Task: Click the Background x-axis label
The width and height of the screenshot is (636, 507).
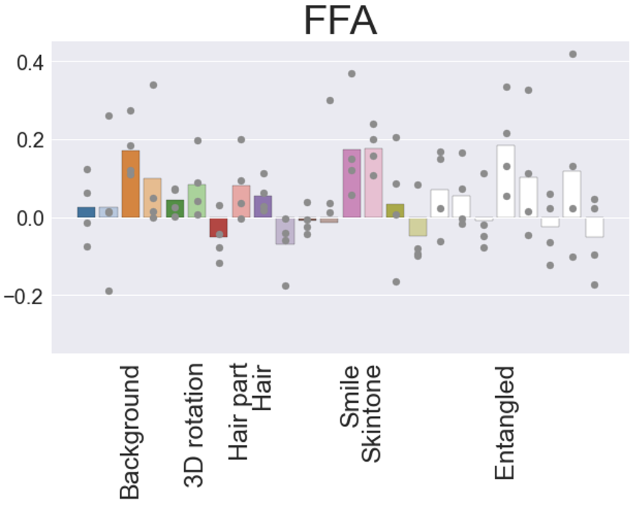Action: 130,432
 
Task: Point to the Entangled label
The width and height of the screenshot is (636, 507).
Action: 505,423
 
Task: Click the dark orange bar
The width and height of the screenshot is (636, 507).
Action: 131,183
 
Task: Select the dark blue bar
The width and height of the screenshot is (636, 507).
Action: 86,212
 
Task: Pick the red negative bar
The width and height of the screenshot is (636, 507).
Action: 218,227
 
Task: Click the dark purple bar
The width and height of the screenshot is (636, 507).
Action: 263,206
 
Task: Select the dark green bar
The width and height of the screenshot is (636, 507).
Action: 175,208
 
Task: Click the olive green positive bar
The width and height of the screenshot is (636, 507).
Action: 395,211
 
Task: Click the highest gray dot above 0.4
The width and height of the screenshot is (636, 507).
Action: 573,55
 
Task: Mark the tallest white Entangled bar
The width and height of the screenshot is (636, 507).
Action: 506,181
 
